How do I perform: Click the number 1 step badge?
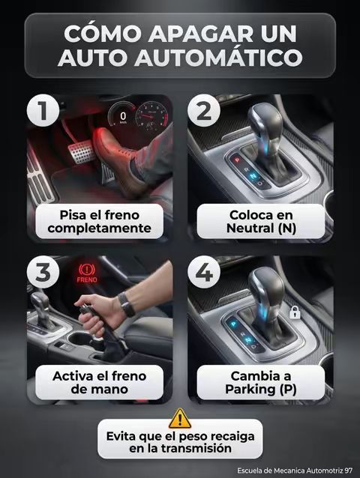[43, 111]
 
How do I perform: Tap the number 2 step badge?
[204, 111]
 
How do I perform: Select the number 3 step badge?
[43, 272]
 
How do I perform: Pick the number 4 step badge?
[204, 272]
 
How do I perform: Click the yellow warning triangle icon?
[180, 419]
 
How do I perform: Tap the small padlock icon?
[295, 312]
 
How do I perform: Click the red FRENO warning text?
[87, 279]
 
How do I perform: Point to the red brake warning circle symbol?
[87, 270]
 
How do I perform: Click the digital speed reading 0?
[123, 116]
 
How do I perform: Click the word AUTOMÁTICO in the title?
[218, 58]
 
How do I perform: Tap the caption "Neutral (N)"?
[261, 228]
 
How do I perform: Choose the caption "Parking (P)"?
[261, 389]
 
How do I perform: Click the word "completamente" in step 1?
[100, 228]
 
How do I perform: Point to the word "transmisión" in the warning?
[196, 448]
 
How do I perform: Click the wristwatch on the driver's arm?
[127, 304]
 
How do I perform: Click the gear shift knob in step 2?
[265, 122]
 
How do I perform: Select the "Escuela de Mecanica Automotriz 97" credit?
[295, 471]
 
